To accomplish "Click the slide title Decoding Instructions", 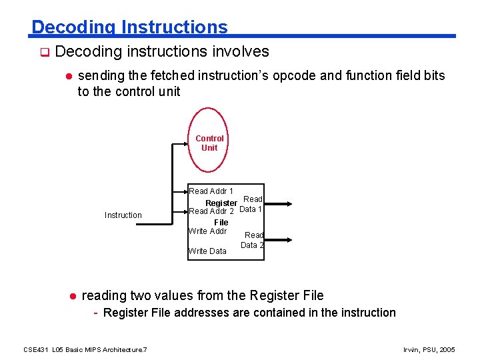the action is point(129,27).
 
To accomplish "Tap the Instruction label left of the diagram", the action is point(123,215).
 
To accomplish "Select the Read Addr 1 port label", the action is point(211,191).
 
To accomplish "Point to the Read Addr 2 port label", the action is point(211,211).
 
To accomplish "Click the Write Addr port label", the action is point(208,231).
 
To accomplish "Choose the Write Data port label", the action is point(207,251).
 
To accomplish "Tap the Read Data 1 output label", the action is point(251,204).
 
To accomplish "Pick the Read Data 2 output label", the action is point(253,240).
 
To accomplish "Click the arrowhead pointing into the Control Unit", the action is point(187,143).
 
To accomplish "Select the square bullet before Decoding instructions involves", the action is point(45,52).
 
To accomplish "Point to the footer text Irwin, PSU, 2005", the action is point(429,349).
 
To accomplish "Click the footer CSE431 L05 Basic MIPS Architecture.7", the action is point(85,349).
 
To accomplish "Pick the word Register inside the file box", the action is point(221,203).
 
